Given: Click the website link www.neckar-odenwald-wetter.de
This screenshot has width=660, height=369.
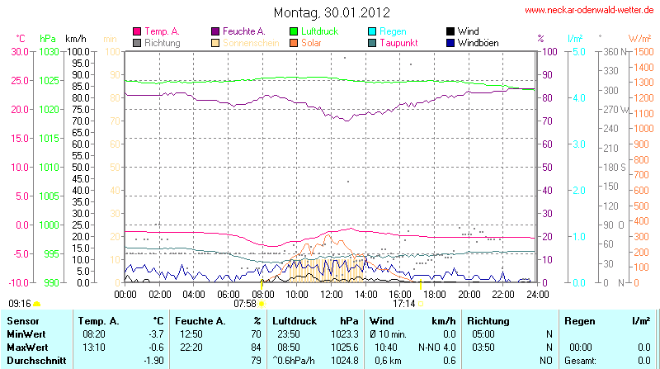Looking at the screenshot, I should coord(590,11).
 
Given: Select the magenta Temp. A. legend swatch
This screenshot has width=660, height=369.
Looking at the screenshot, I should coord(136,31).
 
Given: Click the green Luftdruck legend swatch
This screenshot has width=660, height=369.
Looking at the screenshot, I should coord(295,31).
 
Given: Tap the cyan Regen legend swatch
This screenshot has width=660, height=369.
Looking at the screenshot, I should coord(373,31).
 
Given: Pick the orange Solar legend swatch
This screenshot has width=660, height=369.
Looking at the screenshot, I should coord(295,42).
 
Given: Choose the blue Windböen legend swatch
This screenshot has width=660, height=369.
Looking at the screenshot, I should coord(450,42).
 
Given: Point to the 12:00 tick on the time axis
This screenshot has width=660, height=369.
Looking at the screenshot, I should coord(331,293).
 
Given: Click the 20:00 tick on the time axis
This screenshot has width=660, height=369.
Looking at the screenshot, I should coord(469,293).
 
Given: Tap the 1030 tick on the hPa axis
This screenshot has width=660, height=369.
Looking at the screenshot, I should coord(49,51).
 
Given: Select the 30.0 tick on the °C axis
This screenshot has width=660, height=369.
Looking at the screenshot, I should coord(19,51).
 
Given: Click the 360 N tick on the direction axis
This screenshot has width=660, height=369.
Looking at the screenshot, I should coord(612,51).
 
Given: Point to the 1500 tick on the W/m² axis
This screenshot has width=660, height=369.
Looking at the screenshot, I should coord(640,51).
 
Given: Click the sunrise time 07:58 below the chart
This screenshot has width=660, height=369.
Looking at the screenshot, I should coord(245,304).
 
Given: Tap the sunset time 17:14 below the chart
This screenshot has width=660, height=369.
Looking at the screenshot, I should coord(403,304).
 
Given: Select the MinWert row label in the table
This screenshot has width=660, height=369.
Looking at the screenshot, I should coord(26,334).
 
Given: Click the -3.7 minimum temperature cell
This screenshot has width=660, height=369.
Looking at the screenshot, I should coord(154,334).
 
